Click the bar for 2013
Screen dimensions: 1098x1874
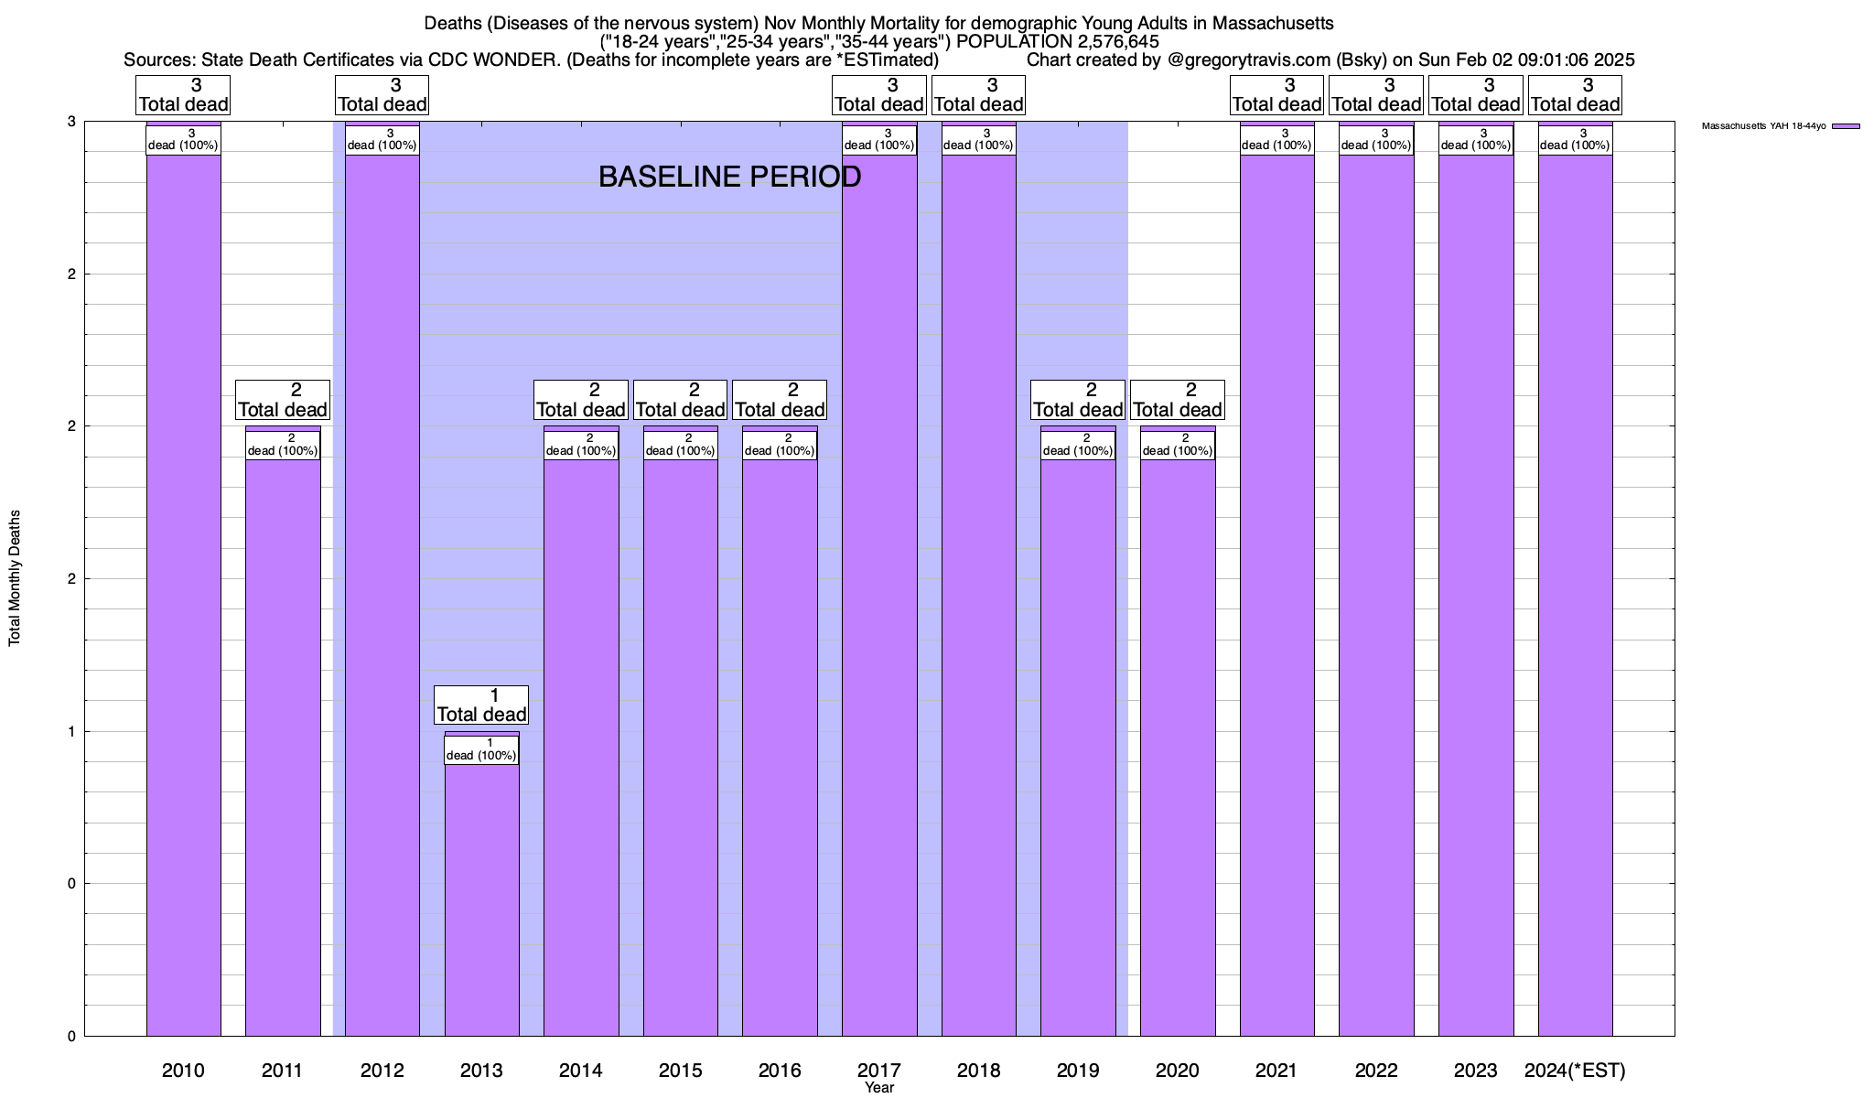(481, 897)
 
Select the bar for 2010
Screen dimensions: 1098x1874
(183, 595)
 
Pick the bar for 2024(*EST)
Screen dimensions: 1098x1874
(1575, 595)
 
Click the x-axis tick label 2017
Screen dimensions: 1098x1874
(879, 1070)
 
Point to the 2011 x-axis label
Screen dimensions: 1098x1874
(282, 1070)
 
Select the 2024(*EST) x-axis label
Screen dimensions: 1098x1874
(1575, 1070)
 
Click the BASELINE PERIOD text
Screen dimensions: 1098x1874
(729, 177)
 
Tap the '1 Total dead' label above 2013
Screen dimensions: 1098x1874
(481, 705)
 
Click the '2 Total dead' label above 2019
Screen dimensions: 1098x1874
(1078, 400)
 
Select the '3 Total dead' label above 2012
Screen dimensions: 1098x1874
(382, 95)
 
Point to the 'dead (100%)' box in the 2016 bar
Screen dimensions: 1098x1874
(780, 445)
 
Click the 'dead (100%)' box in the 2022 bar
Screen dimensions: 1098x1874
(1376, 140)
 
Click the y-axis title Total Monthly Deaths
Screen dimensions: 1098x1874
(15, 577)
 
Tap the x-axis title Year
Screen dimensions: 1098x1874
(879, 1088)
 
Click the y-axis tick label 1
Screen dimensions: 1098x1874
(70, 731)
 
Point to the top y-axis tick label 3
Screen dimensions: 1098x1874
(70, 122)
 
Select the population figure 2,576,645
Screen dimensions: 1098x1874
(1108, 41)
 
